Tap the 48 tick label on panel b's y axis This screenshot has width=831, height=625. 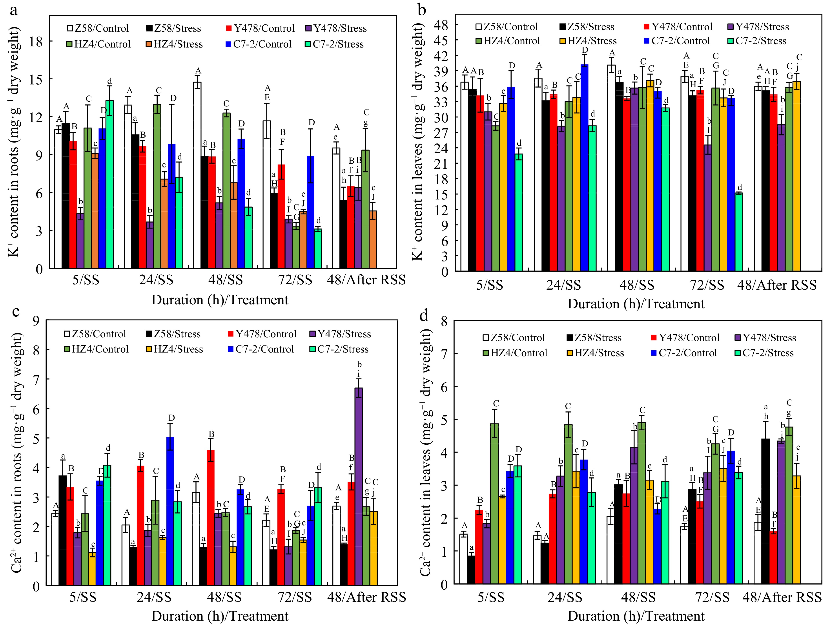coord(441,25)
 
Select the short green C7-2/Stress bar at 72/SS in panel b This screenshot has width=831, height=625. coord(739,232)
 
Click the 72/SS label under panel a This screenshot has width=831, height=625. coord(295,280)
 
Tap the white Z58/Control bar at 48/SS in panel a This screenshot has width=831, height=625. coord(197,175)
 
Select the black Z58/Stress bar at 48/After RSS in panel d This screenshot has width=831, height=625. coord(766,511)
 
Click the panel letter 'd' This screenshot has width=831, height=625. coord(424,316)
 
